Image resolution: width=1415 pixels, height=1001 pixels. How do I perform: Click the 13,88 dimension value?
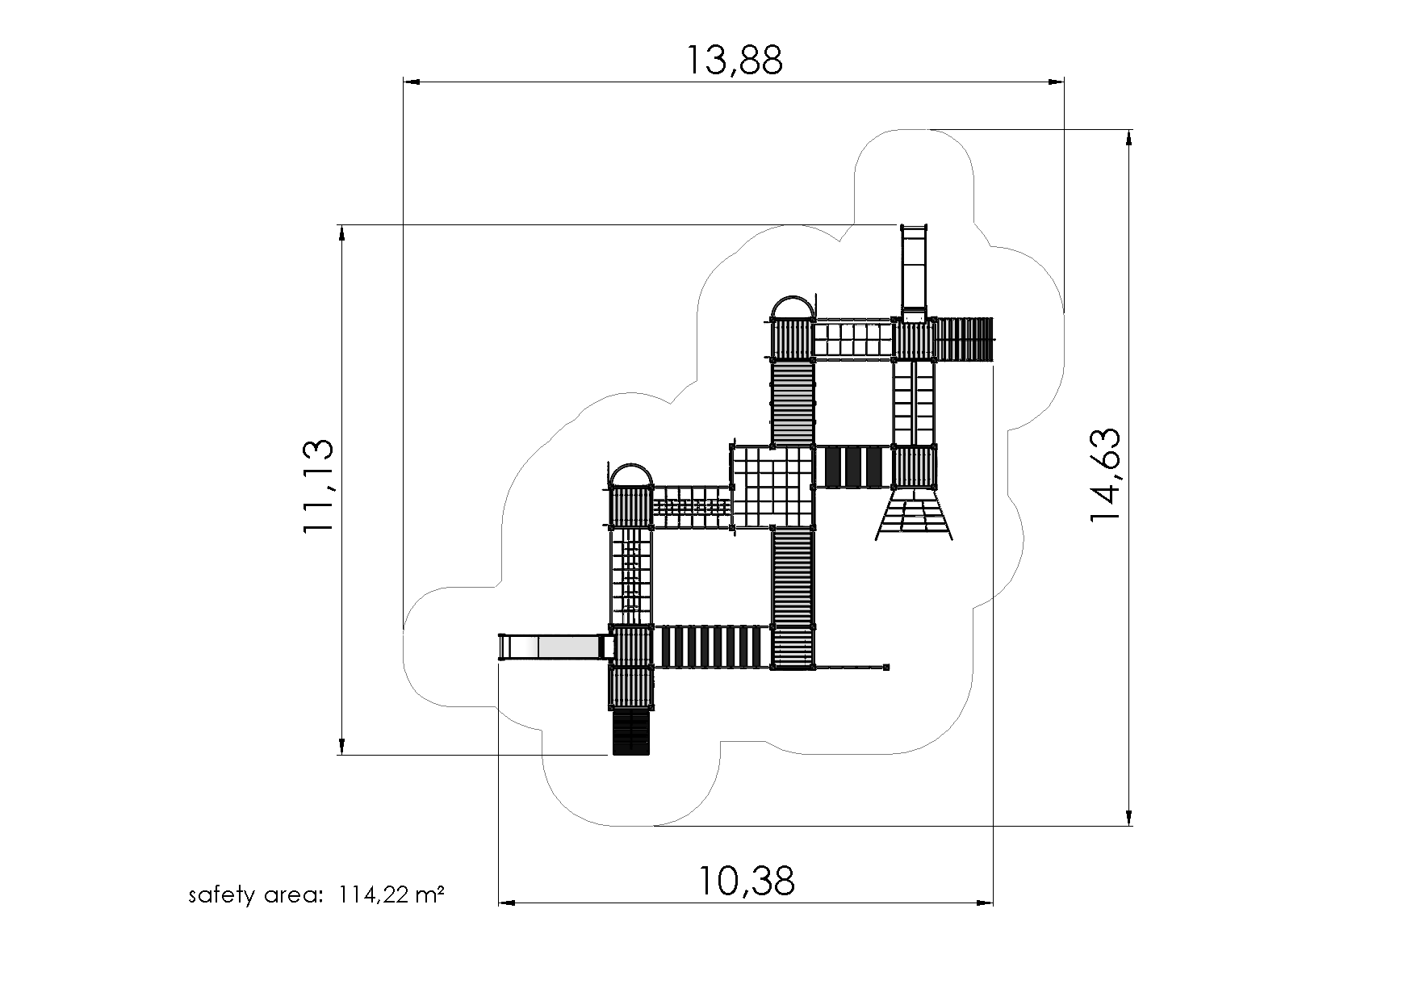coord(734,60)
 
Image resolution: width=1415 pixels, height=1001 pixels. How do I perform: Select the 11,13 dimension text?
coord(317,486)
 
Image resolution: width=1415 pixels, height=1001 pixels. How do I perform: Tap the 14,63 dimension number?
coord(1105,475)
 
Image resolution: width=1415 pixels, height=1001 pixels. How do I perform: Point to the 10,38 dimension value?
coord(747,881)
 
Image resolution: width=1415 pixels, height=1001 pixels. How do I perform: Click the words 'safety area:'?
coord(256,895)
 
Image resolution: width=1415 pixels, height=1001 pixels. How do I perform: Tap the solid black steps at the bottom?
coord(630,733)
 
